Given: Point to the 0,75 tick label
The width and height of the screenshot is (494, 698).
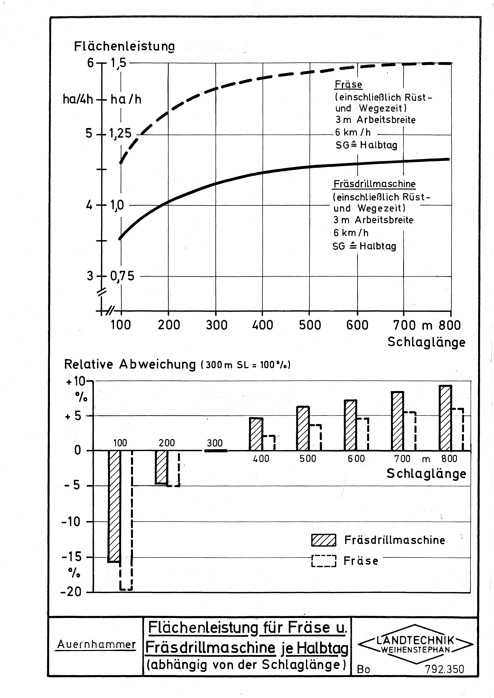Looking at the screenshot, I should pos(122,276).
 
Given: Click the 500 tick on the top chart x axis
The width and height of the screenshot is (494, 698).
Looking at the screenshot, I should pos(310,325).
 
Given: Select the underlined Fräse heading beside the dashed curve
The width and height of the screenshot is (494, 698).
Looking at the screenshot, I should pos(348,85).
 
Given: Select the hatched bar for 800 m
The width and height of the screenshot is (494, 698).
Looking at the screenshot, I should pos(445,418).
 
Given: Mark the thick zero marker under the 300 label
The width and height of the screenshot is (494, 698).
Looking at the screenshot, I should pos(216,451).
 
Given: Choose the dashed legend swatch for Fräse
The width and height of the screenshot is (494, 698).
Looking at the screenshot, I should pos(324,561).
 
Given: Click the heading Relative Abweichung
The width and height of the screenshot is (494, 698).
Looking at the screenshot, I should pos(130,364).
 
